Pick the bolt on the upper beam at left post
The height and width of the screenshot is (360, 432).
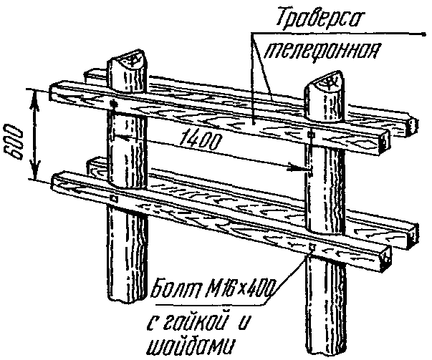point(115,105)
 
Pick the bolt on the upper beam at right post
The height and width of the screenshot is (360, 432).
point(310,135)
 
